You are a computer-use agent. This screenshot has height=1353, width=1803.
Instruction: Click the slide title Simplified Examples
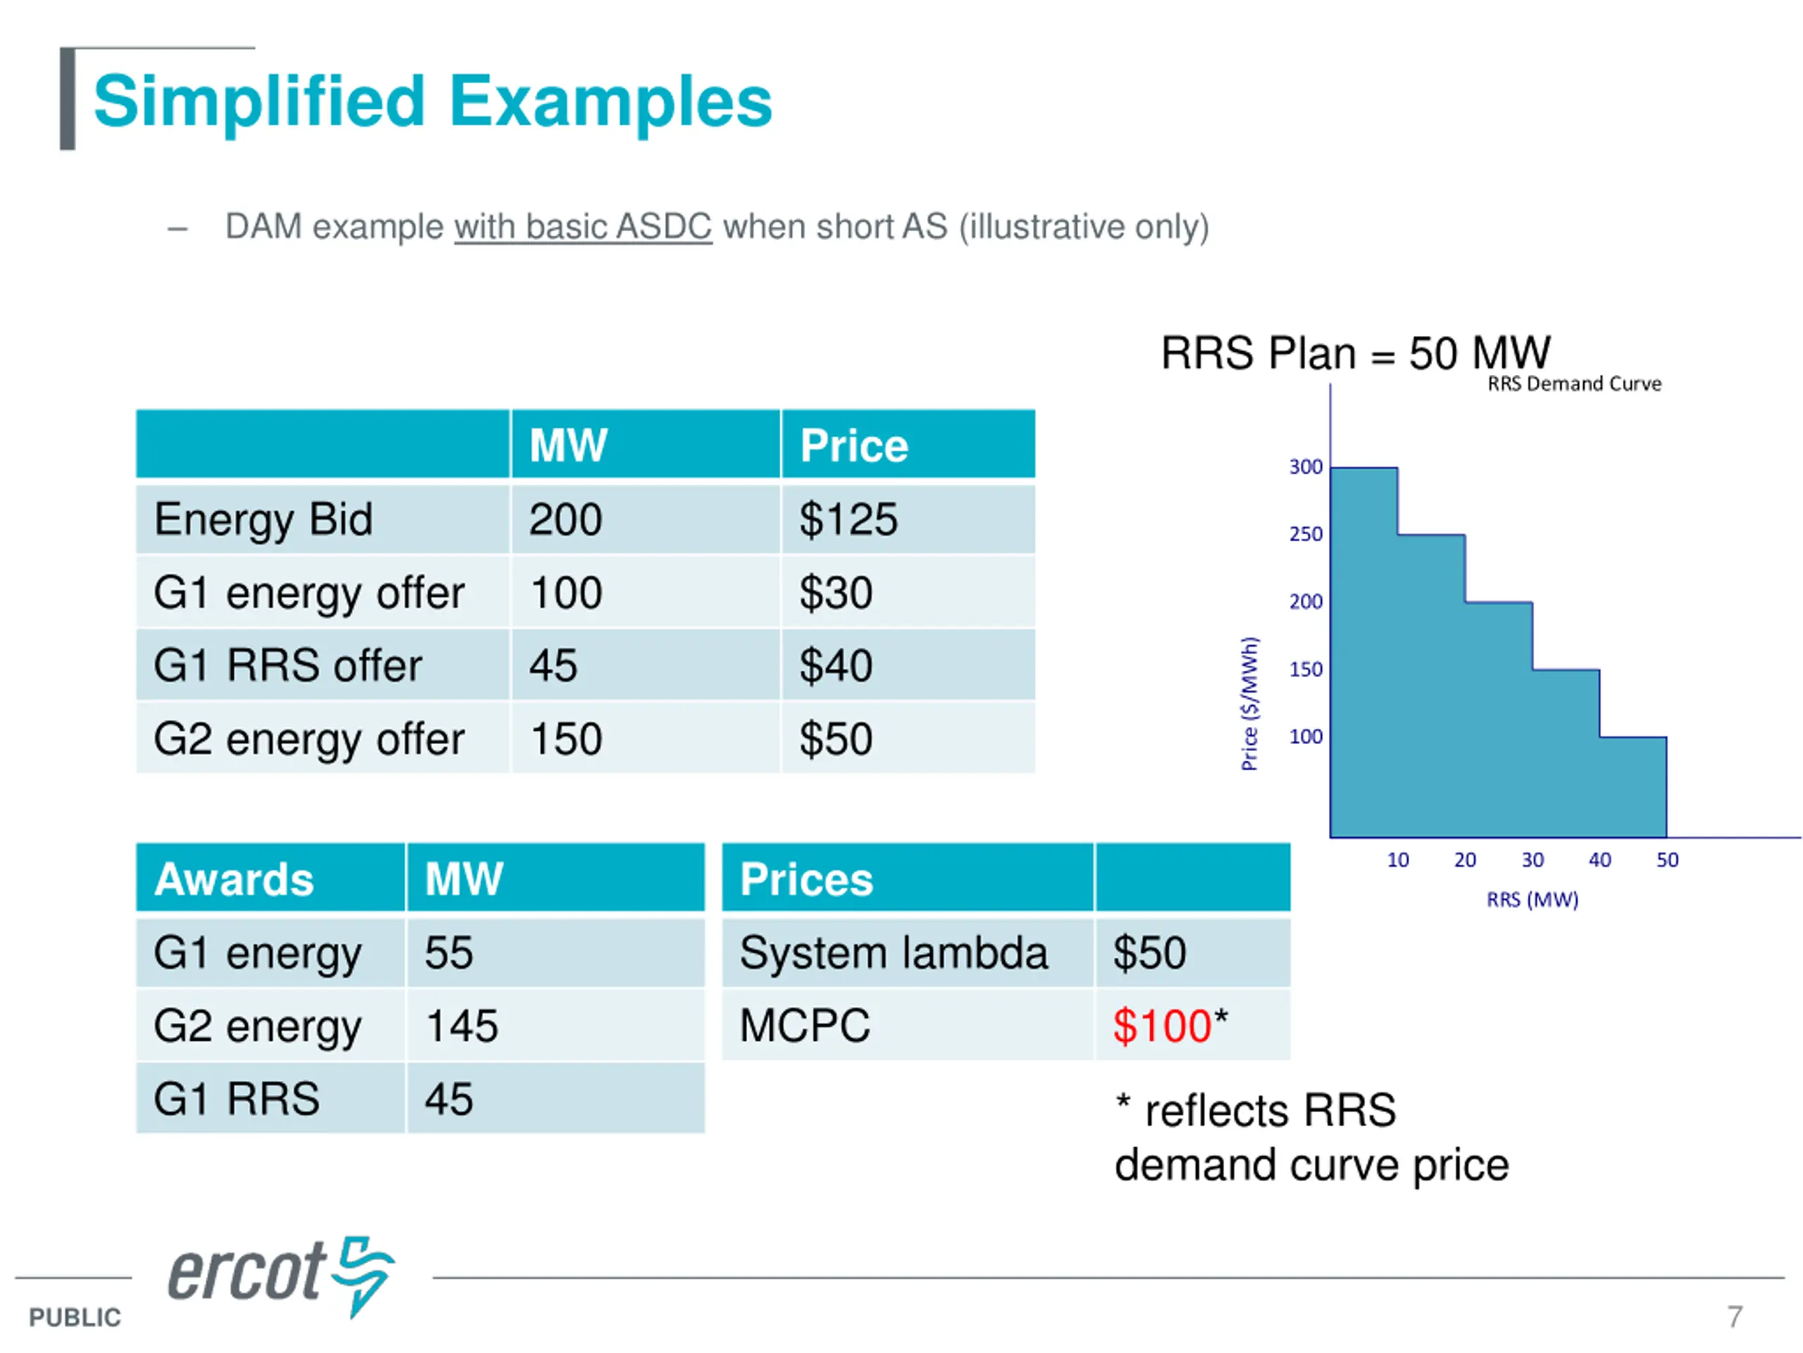[x=432, y=101]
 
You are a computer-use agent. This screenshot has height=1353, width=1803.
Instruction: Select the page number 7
[x=1735, y=1316]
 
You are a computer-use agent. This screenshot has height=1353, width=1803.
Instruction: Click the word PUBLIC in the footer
[x=74, y=1317]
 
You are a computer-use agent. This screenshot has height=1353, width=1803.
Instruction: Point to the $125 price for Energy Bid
[x=848, y=519]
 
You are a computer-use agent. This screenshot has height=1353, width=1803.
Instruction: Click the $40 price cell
[x=835, y=665]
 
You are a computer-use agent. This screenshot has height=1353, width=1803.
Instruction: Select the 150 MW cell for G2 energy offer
[x=566, y=739]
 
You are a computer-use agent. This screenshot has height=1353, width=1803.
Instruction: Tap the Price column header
[x=854, y=445]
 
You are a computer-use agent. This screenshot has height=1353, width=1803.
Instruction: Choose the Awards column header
[x=234, y=879]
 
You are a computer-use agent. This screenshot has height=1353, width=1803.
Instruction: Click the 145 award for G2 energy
[x=461, y=1026]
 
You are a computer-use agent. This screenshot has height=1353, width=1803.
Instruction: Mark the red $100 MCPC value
[x=1161, y=1026]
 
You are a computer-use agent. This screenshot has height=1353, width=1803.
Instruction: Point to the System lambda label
[x=893, y=953]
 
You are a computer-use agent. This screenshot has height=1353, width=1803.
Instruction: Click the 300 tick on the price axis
[x=1305, y=467]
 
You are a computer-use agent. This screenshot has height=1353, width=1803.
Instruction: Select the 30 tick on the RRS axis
[x=1533, y=860]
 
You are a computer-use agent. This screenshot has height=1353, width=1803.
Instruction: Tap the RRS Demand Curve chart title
[x=1574, y=384]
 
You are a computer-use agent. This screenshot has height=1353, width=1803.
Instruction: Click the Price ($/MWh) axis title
[x=1249, y=703]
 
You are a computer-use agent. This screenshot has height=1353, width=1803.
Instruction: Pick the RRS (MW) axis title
[x=1533, y=900]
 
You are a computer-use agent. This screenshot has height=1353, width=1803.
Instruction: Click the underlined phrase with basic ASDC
[x=582, y=227]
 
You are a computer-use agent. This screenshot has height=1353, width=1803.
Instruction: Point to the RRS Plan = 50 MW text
[x=1354, y=353]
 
